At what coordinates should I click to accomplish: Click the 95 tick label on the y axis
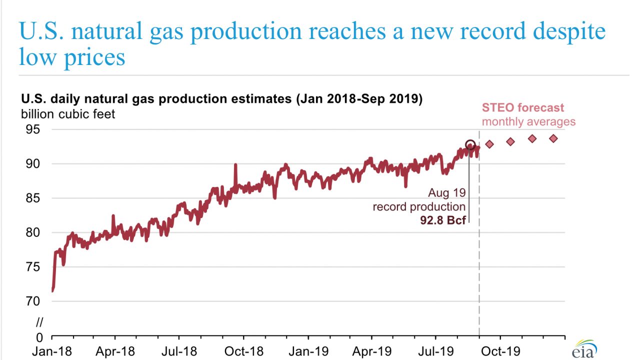click(33, 129)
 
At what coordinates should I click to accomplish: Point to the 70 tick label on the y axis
click(33, 301)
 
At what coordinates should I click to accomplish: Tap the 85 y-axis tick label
click(33, 198)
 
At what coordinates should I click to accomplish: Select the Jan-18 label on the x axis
click(52, 351)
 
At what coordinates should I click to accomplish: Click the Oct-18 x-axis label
click(243, 351)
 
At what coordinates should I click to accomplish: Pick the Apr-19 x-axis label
click(372, 351)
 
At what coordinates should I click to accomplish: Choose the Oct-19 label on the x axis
click(500, 351)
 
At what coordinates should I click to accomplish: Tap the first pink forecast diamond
click(489, 144)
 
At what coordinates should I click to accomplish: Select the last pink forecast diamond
click(553, 139)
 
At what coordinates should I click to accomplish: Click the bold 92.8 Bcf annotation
click(443, 220)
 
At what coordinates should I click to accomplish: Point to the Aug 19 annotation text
click(447, 193)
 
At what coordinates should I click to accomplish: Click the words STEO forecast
click(523, 107)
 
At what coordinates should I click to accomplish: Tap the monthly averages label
click(528, 121)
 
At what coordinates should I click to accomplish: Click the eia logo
click(584, 349)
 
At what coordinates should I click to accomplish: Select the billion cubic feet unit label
click(68, 114)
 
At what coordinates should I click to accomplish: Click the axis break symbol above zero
click(39, 322)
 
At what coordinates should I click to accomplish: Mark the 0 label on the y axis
click(39, 337)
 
